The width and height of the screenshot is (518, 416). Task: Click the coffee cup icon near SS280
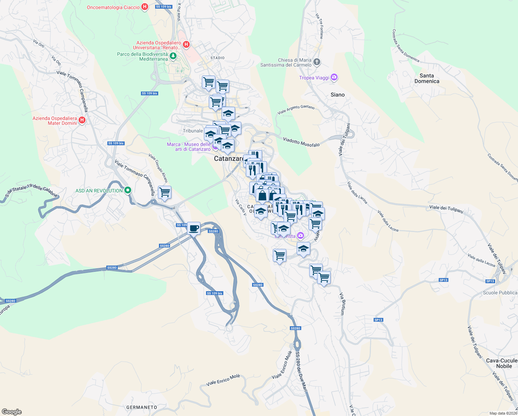194,228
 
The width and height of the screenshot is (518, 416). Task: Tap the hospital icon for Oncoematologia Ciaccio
145,7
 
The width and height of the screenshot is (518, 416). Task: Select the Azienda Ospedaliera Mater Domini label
55,121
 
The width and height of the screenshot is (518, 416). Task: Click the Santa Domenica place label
427,78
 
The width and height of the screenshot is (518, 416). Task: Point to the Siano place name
337,95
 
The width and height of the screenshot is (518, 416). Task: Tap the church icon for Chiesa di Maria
317,62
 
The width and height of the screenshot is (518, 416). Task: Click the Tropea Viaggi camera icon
334,77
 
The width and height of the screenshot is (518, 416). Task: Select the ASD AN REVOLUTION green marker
128,190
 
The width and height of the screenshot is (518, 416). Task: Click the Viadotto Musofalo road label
301,142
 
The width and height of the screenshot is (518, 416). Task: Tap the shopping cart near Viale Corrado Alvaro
164,192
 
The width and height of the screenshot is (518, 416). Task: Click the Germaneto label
142,407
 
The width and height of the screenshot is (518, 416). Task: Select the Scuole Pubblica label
500,293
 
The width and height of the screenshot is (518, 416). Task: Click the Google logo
11,412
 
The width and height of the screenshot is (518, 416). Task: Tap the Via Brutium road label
342,304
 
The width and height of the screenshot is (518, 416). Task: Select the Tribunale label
193,131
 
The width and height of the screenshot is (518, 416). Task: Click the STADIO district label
217,58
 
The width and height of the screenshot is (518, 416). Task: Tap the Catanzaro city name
229,159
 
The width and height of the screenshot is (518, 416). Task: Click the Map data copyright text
503,413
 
